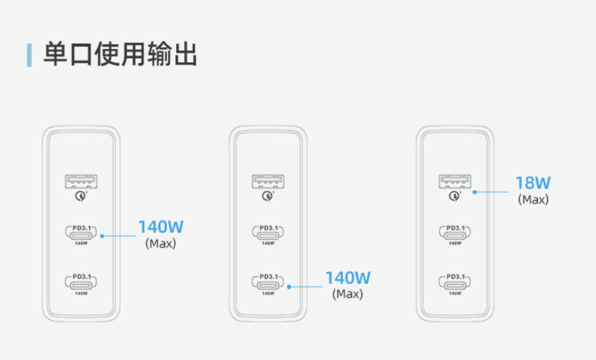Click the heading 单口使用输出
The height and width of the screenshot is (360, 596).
pyautogui.click(x=120, y=55)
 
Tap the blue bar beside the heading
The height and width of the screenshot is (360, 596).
pyautogui.click(x=30, y=55)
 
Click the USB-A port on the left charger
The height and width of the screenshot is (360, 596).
pyautogui.click(x=81, y=182)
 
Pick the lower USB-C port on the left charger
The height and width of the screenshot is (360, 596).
pyautogui.click(x=80, y=283)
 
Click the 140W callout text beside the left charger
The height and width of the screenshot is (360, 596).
pyautogui.click(x=161, y=227)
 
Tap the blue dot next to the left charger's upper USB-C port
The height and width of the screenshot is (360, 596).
pyautogui.click(x=102, y=236)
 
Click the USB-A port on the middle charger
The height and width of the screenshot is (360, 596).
pyautogui.click(x=268, y=182)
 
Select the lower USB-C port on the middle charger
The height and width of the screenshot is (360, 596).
pyautogui.click(x=268, y=283)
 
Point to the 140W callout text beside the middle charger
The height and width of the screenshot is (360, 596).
pyautogui.click(x=348, y=278)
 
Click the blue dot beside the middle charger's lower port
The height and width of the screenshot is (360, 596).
pyautogui.click(x=289, y=287)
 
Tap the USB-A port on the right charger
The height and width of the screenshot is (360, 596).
pyautogui.click(x=455, y=182)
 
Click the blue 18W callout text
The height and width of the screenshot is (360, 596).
pyautogui.click(x=533, y=183)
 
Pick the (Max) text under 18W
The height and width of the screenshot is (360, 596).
pyautogui.click(x=533, y=200)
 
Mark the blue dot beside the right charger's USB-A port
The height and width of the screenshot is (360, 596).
pyautogui.click(x=474, y=192)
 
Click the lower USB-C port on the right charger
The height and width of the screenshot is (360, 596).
pyautogui.click(x=455, y=283)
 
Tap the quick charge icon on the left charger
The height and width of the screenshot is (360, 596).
pyautogui.click(x=80, y=196)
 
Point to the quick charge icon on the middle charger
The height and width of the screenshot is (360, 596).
pyautogui.click(x=267, y=196)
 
